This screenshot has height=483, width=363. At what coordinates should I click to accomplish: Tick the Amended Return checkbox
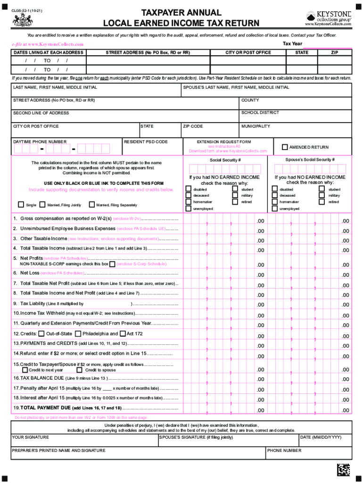pos(284,147)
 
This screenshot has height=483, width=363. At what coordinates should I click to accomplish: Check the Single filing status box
pos(21,205)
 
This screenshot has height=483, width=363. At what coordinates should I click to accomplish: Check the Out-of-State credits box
pos(41,333)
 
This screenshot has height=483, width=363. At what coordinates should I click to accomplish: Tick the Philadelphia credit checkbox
pos(78,333)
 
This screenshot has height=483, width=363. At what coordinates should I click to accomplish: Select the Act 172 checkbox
pos(123,333)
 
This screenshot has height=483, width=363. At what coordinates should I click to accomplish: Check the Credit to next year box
pos(25,370)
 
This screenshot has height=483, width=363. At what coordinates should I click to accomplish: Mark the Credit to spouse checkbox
pos(81,370)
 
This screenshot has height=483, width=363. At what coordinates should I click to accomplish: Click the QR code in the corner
pos(344,470)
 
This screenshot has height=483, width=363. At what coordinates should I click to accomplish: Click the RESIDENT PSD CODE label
pos(146,142)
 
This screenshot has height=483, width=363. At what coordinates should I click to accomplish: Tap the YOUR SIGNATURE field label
pos(30,437)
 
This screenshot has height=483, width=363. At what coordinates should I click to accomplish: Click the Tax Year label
pos(292,43)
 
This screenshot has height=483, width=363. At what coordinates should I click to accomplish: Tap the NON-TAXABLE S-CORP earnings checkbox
pos(112,264)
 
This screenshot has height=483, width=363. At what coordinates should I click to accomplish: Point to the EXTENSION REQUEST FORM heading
pos(224,142)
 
